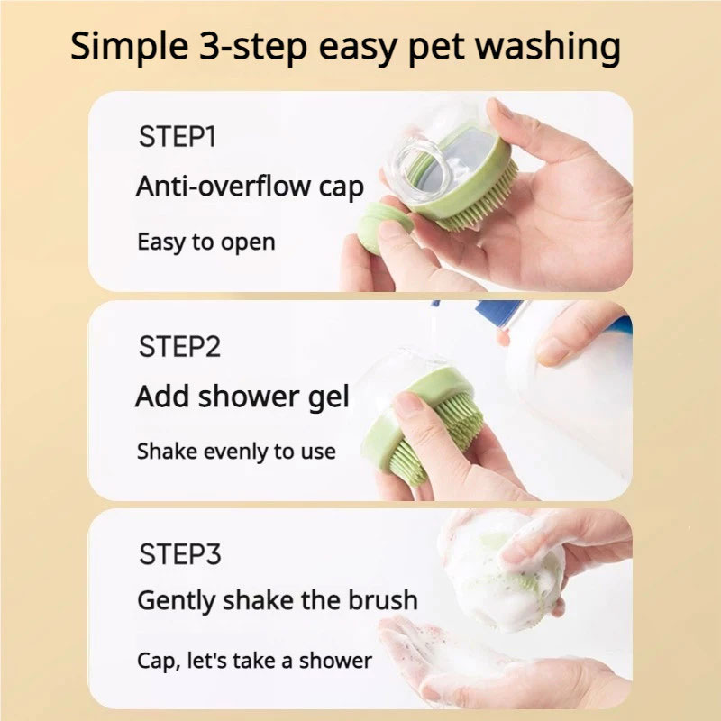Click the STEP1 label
(178, 137)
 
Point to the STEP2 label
(179, 346)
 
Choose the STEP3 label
(179, 553)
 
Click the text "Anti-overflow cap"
(250, 187)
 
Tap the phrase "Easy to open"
(205, 242)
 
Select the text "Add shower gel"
(242, 397)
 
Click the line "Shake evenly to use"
(235, 451)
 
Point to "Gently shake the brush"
(277, 600)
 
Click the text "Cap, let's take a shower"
(253, 660)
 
